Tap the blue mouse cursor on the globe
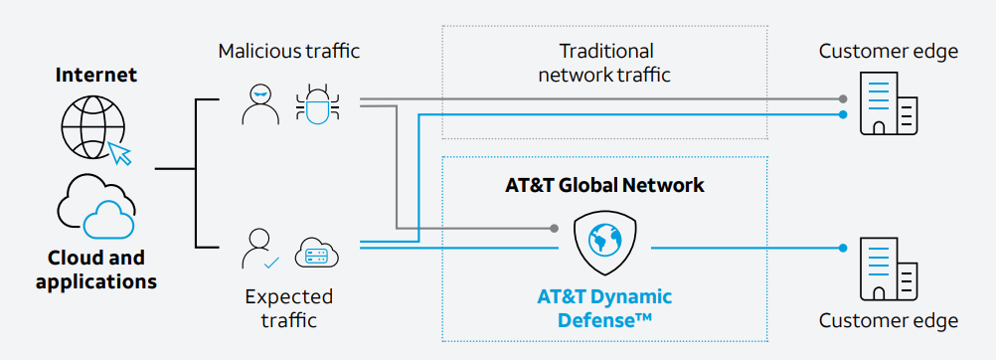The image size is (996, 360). (120, 153)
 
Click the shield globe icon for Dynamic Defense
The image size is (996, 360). (604, 243)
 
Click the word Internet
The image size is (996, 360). (96, 75)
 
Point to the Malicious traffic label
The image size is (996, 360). (288, 51)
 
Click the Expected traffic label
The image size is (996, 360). (289, 308)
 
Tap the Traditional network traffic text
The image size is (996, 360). (604, 62)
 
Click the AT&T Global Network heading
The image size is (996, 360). (604, 185)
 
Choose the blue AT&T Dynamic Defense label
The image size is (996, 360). (604, 307)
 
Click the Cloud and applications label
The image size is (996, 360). (96, 270)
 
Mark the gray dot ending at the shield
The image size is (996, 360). (555, 229)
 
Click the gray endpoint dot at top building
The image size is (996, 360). (843, 99)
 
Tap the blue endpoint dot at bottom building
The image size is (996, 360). (843, 248)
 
